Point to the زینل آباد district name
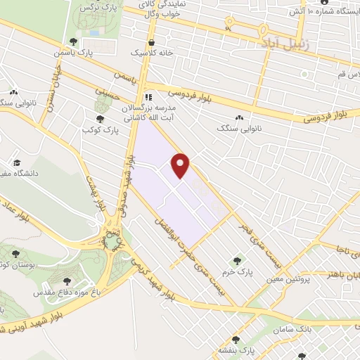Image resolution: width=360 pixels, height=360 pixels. tap(281, 43)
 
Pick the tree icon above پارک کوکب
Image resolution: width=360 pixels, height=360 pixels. tap(101, 119)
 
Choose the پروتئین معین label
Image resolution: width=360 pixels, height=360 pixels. tap(287, 279)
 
